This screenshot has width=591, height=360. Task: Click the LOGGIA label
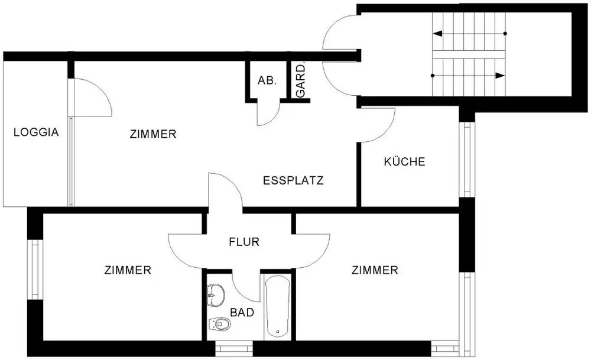(36, 132)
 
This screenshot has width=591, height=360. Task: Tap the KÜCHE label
(404, 161)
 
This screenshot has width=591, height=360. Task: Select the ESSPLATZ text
(293, 181)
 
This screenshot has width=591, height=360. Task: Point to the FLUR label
(244, 241)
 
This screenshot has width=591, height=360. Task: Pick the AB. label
(267, 80)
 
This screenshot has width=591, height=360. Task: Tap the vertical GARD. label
(301, 81)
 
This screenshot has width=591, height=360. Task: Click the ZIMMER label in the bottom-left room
(128, 270)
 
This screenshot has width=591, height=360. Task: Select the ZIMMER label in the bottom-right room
(375, 270)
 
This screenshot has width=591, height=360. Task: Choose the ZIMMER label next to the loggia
(152, 134)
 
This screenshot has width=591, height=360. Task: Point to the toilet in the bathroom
(219, 323)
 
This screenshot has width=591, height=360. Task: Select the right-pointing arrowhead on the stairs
(501, 76)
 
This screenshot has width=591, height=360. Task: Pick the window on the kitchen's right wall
(467, 160)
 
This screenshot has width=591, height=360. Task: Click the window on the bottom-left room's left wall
(35, 270)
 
